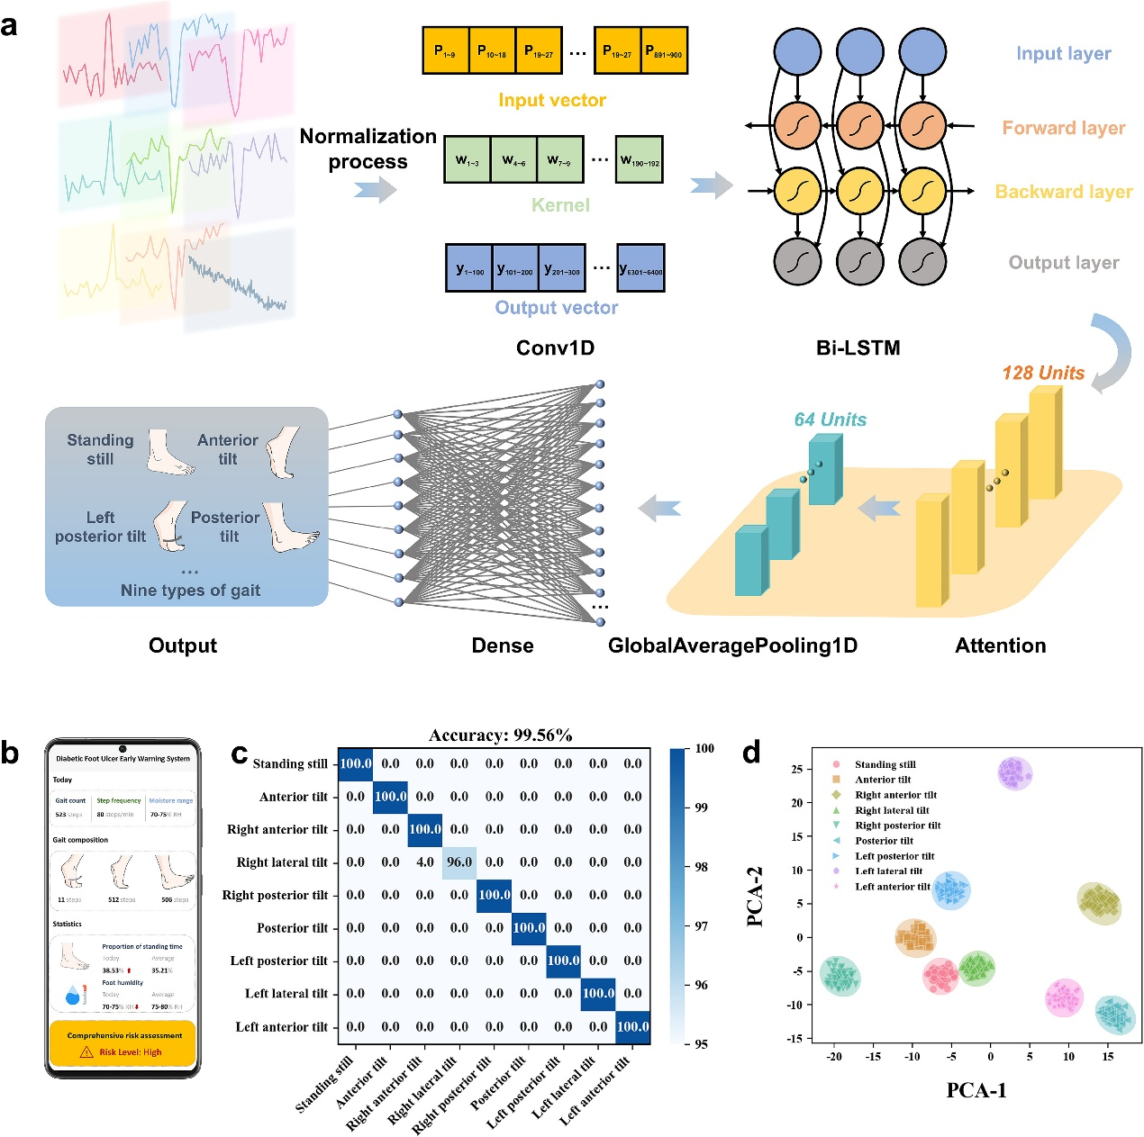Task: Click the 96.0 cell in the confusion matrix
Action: (459, 862)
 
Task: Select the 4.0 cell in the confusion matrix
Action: (425, 862)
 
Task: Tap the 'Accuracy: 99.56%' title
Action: (500, 735)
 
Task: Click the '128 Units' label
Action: (1043, 373)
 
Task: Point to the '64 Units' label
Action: (830, 420)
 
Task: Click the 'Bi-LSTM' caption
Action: (858, 348)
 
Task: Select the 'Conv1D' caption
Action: (555, 348)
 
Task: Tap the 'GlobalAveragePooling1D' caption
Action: (732, 645)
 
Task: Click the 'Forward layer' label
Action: (1063, 128)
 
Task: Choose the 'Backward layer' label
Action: (1063, 192)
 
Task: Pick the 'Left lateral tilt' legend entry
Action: (888, 871)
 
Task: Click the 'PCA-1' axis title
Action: (976, 1090)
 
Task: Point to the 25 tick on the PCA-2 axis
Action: (796, 769)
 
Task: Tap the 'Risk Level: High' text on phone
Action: (130, 1051)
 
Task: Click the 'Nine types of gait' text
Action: (190, 591)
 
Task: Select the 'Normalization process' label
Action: (368, 149)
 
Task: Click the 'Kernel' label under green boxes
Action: (560, 205)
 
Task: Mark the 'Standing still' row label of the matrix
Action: (290, 763)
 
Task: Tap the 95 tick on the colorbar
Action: (702, 1044)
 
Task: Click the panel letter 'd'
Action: (751, 752)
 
